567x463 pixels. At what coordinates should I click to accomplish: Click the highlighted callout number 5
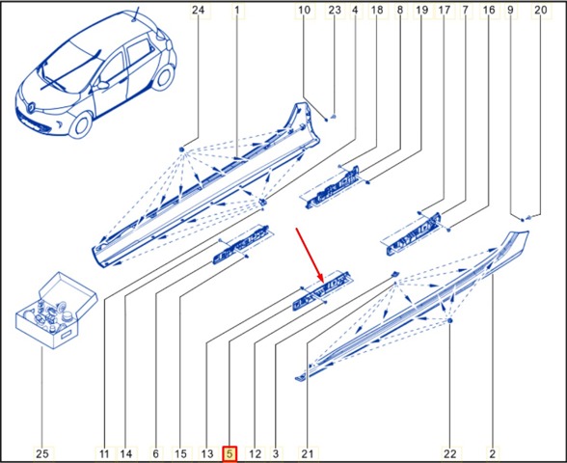(229, 453)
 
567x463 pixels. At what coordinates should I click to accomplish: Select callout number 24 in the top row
(198, 10)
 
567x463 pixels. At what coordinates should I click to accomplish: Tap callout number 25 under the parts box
(42, 453)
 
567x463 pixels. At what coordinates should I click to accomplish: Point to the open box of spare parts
(56, 311)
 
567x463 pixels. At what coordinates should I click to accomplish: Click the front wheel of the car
(81, 124)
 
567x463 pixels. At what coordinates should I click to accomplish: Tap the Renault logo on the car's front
(31, 106)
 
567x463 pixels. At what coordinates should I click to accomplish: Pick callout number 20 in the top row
(541, 10)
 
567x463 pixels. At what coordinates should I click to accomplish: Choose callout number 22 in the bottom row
(450, 453)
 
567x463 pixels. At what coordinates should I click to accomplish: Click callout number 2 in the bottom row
(492, 453)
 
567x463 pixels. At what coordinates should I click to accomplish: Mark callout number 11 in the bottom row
(104, 453)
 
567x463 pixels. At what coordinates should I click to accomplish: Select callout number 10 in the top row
(304, 10)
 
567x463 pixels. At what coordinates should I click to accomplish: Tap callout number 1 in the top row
(237, 10)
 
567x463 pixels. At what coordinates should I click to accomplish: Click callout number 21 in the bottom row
(308, 453)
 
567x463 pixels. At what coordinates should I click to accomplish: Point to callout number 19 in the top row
(421, 10)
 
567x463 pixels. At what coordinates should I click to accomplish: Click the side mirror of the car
(102, 85)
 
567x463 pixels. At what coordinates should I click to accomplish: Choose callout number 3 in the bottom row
(276, 453)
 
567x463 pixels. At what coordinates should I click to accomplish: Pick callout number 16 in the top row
(489, 10)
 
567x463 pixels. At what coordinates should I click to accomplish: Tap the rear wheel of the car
(163, 79)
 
